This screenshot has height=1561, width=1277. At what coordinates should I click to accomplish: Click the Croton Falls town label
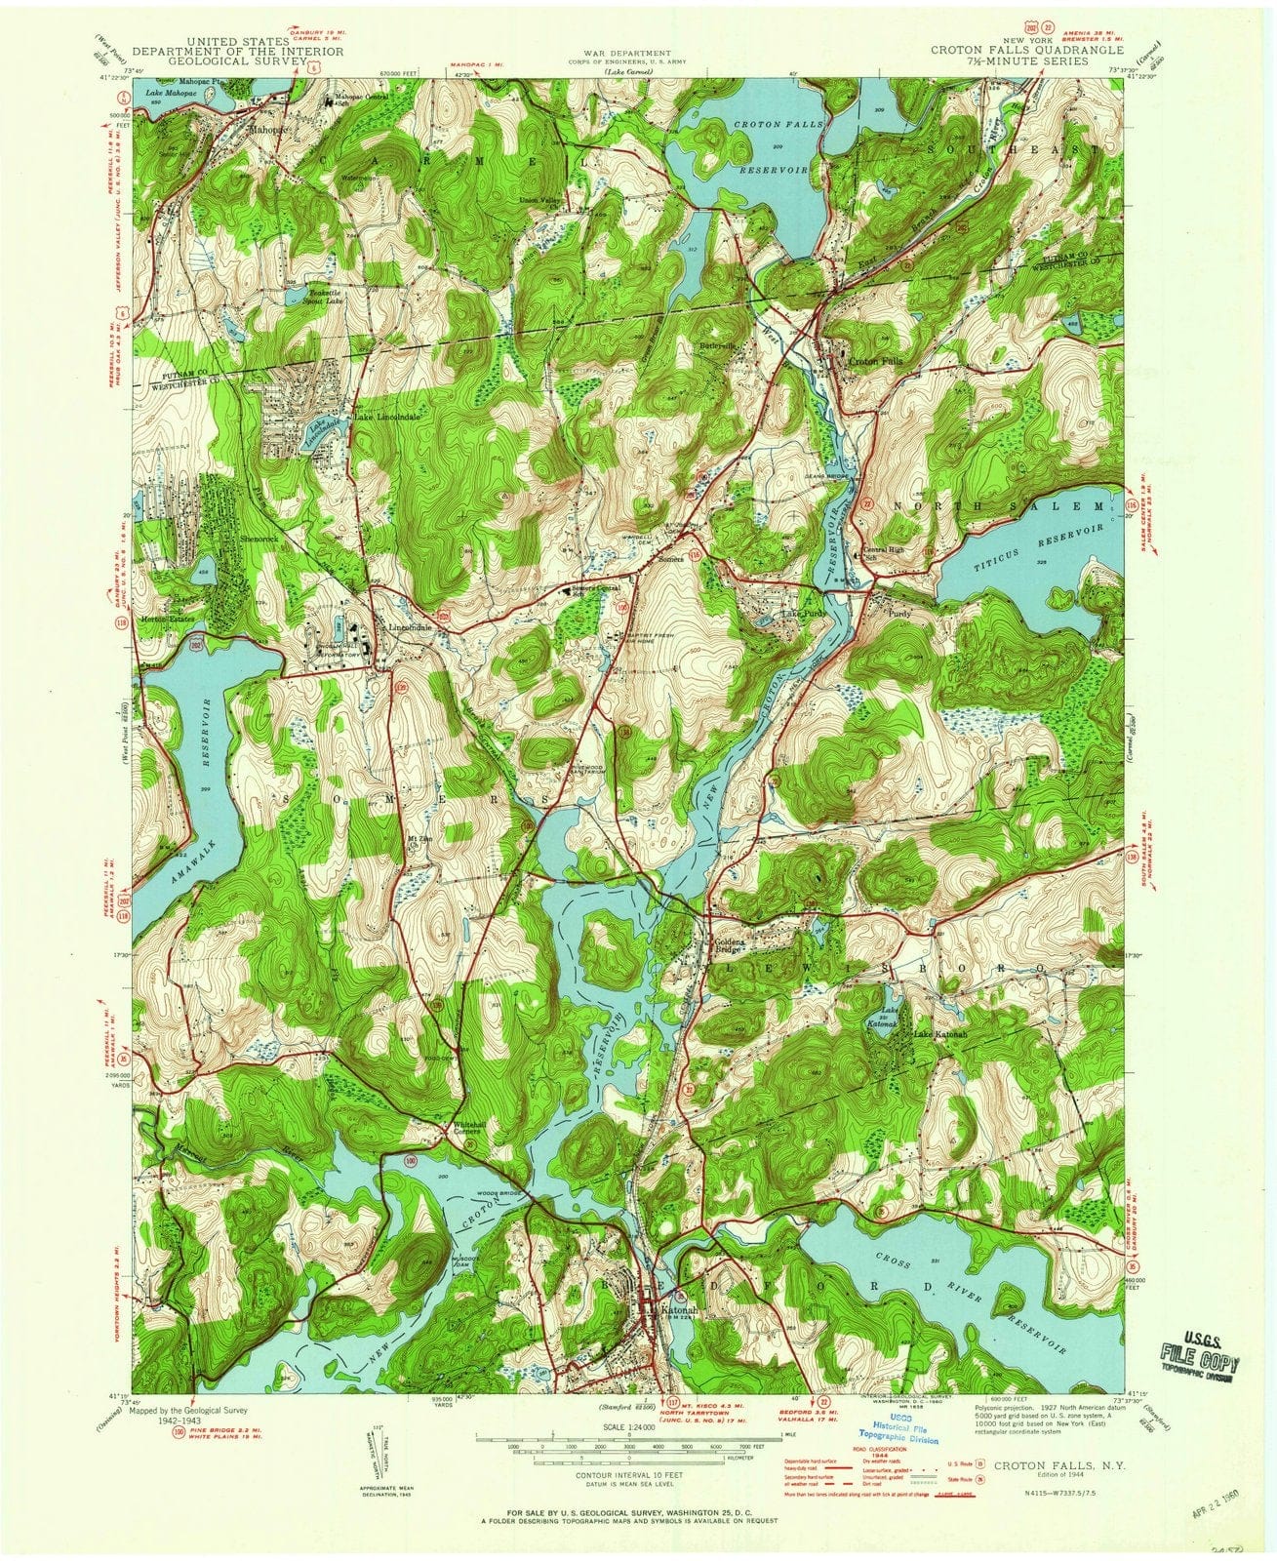[x=876, y=360]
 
